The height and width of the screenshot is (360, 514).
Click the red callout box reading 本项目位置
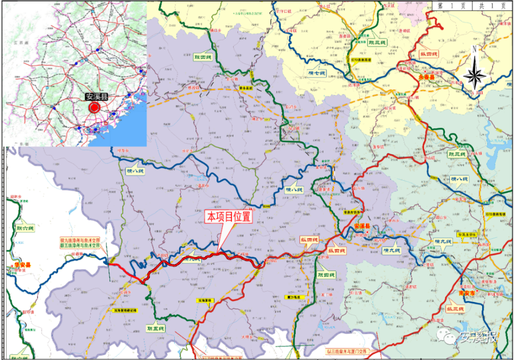point(229,217)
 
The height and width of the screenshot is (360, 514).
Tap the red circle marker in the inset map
point(95,107)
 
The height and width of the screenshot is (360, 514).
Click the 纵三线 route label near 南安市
point(455,309)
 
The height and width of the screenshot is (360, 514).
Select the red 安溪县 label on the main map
point(363,226)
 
